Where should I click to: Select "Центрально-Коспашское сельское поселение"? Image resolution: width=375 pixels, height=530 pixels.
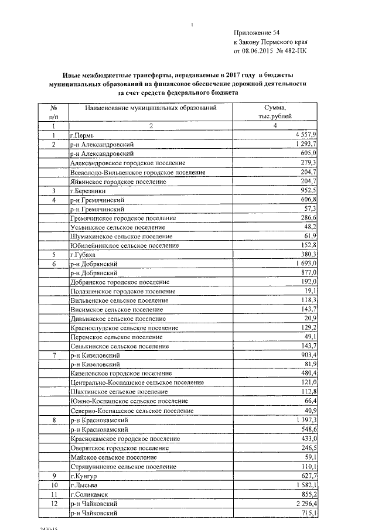[x=137, y=382]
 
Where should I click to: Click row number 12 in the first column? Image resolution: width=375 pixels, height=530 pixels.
[x=53, y=504]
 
